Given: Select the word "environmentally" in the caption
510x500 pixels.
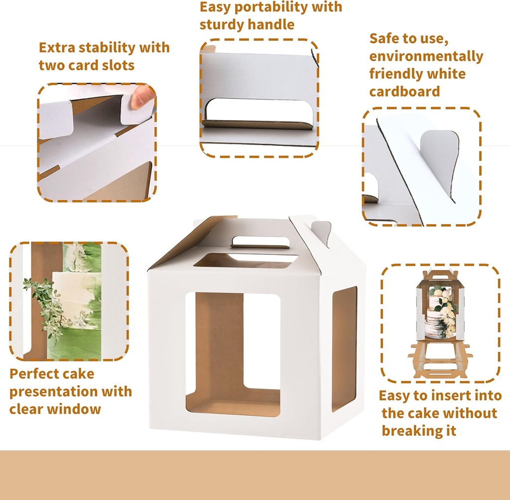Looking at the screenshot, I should (426, 56).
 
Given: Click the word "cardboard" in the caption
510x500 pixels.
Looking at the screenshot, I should (404, 92).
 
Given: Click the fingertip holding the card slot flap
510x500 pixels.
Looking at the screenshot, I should (142, 97).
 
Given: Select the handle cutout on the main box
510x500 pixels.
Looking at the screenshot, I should (260, 242).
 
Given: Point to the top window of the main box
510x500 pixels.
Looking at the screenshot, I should (245, 260).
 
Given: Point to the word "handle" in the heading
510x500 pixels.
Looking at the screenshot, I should (271, 24).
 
